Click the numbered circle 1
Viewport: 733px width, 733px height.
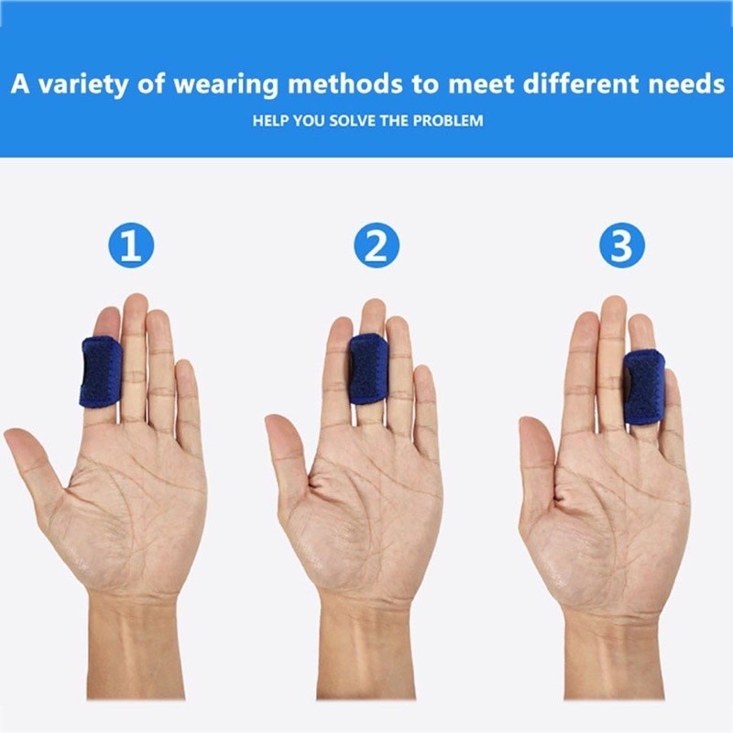pyautogui.click(x=131, y=245)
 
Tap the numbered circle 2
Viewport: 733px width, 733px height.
pyautogui.click(x=377, y=245)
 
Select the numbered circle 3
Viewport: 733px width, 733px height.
pyautogui.click(x=622, y=245)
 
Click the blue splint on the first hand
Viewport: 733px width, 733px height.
pyautogui.click(x=101, y=372)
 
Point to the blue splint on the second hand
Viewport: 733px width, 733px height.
pyautogui.click(x=368, y=369)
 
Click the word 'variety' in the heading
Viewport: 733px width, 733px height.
pyautogui.click(x=82, y=84)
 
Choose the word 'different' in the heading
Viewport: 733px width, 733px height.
pyautogui.click(x=581, y=83)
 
